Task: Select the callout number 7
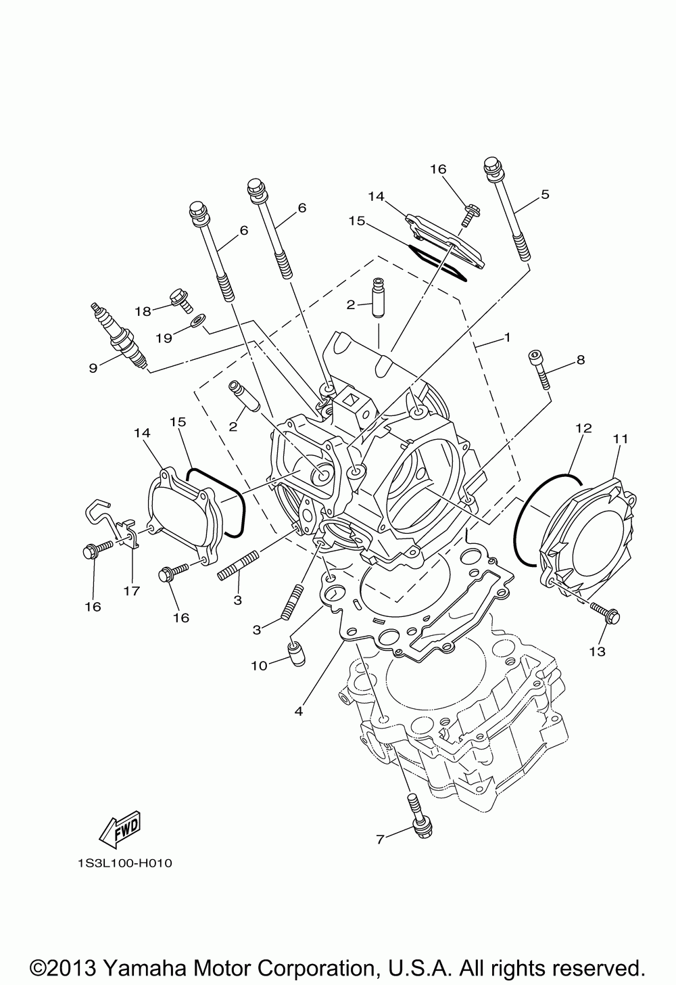pos(380,840)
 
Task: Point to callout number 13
pos(597,651)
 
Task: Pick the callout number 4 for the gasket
pos(298,711)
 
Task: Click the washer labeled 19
pos(196,319)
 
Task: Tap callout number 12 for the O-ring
pos(583,428)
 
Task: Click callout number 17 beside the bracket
pos(131,591)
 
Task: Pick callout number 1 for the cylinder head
pos(507,336)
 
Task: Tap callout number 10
pos(259,666)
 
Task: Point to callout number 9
pos(93,368)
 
